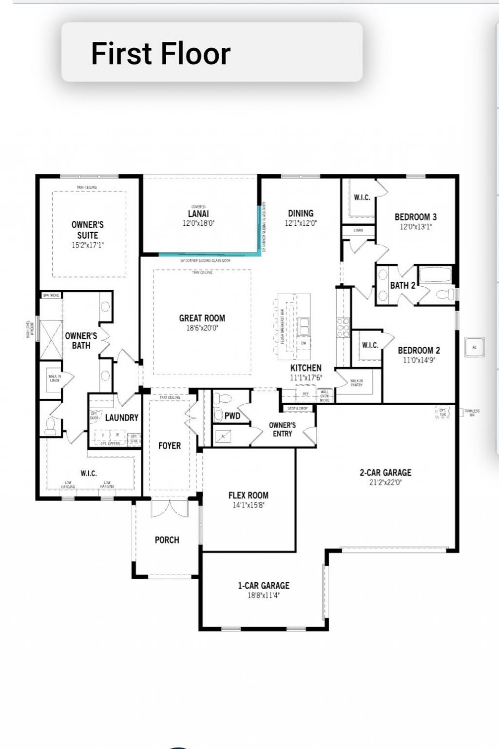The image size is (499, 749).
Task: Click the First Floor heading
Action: [x=160, y=53]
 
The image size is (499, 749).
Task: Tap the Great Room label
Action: [x=202, y=318]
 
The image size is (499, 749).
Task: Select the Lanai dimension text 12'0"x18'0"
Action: [x=198, y=223]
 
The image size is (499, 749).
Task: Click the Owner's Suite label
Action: [x=88, y=230]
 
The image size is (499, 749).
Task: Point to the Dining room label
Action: [x=300, y=213]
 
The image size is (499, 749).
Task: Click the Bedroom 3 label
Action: [x=415, y=217]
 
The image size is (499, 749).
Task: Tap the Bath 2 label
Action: [x=403, y=285]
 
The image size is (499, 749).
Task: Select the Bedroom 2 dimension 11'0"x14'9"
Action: [x=419, y=360]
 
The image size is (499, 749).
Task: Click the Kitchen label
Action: [x=306, y=368]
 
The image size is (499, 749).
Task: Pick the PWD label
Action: [x=232, y=416]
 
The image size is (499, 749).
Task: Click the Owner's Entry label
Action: [x=282, y=429]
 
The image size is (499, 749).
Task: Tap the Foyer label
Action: [x=169, y=445]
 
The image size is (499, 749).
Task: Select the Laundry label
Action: [x=121, y=417]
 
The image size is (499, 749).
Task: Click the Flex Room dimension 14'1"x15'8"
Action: [x=248, y=505]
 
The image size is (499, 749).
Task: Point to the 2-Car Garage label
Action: [x=385, y=472]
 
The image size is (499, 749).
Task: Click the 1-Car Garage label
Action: [x=263, y=585]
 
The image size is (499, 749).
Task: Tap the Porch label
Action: [x=167, y=540]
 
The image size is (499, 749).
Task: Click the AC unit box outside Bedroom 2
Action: [x=474, y=347]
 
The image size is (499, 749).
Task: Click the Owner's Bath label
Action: [x=81, y=340]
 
